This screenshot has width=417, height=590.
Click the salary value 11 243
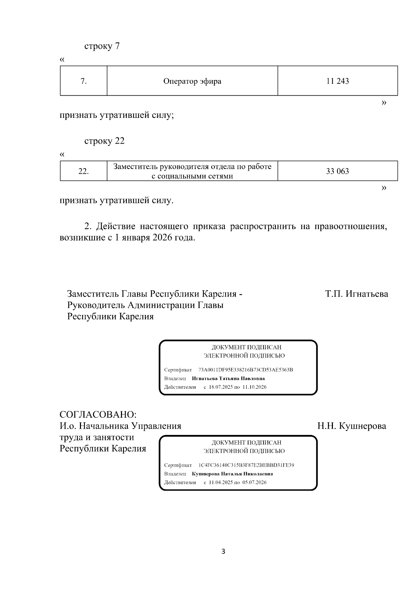[337, 81]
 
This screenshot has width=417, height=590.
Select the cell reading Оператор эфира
[192, 81]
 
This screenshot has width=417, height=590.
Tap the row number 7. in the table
[83, 81]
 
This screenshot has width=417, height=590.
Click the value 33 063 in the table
[337, 171]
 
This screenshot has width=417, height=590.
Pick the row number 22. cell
[83, 171]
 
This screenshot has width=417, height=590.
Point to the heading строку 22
[104, 141]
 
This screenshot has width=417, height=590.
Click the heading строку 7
[102, 46]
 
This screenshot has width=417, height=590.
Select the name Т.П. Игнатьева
[357, 294]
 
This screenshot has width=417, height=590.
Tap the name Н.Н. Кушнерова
[352, 426]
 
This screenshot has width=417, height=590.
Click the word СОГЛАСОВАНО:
[98, 415]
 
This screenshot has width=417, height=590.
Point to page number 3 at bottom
[223, 551]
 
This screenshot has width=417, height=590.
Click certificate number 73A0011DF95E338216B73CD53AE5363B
[246, 370]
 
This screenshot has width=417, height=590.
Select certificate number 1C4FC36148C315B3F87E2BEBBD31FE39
[246, 465]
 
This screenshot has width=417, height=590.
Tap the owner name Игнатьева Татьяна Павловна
[228, 378]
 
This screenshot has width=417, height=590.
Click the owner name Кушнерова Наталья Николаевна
[232, 474]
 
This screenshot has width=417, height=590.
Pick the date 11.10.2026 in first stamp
[254, 387]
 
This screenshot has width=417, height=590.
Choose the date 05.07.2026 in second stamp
[254, 483]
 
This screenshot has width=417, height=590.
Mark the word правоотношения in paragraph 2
[351, 227]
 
